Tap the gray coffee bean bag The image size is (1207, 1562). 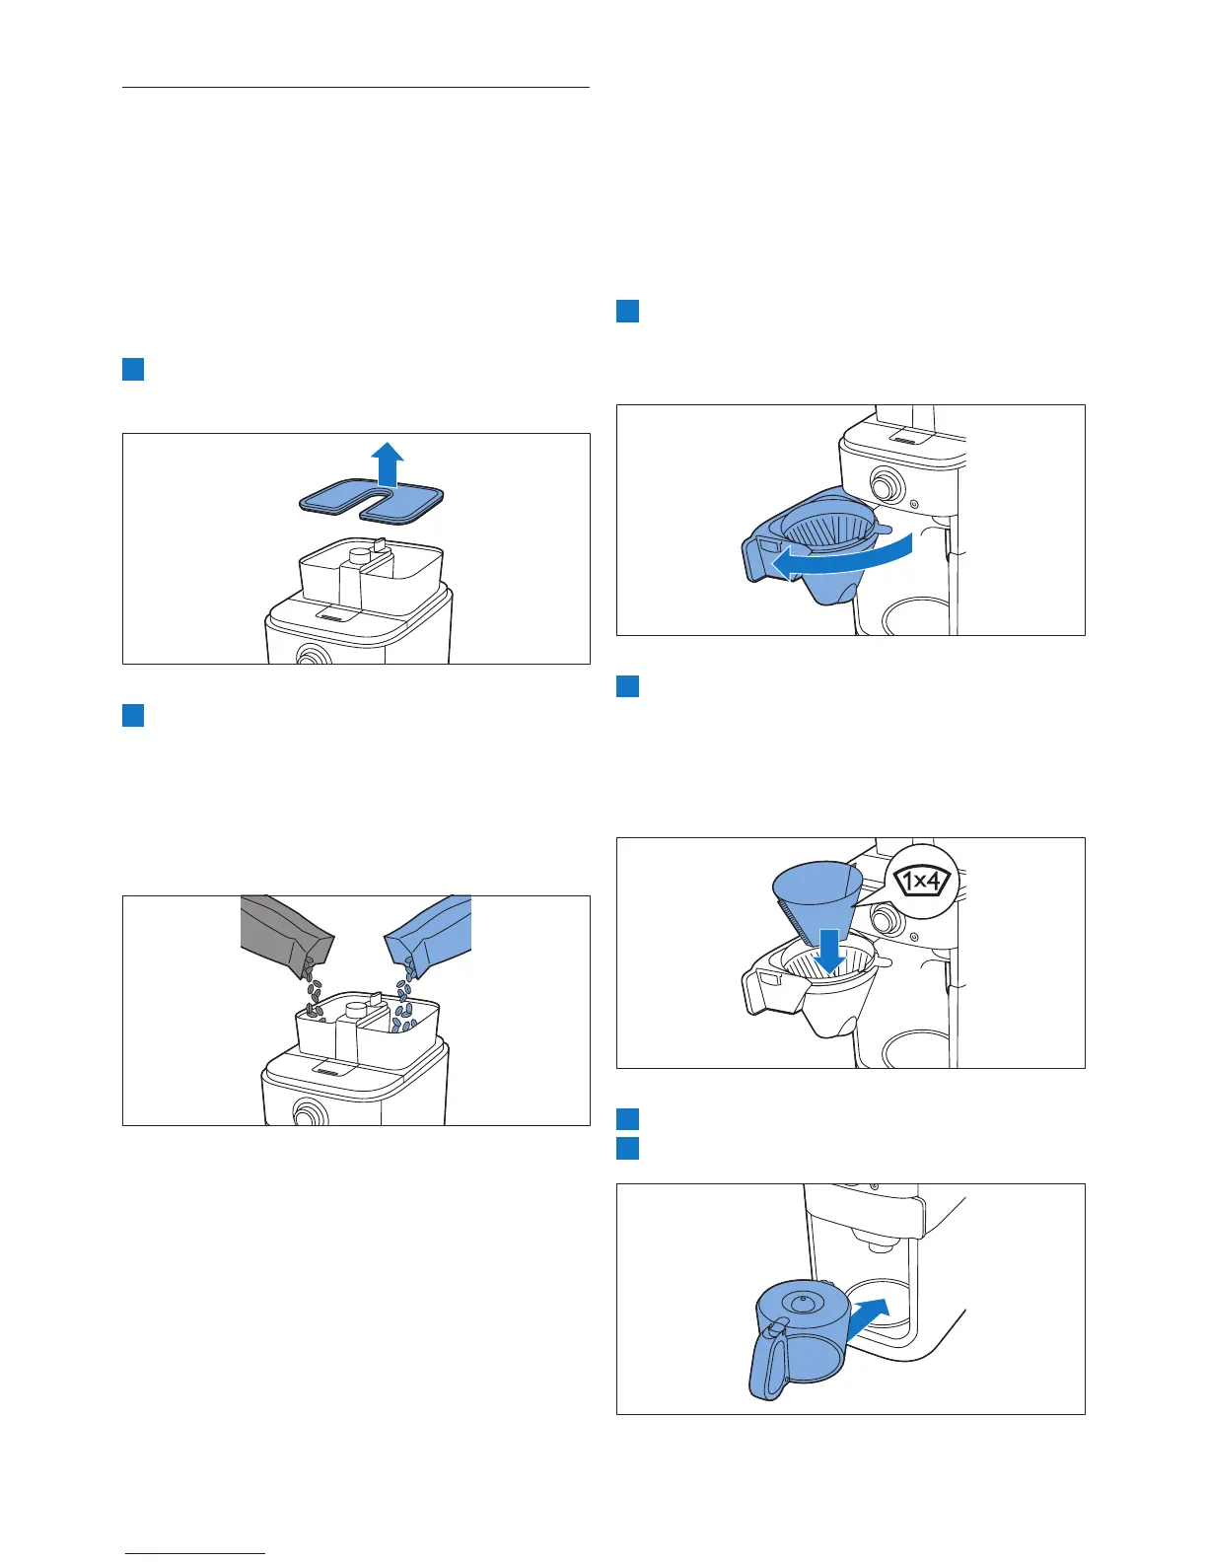point(285,932)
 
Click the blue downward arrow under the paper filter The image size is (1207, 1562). point(829,951)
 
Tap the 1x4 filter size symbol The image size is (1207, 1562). point(921,881)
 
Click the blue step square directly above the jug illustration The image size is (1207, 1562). point(627,1148)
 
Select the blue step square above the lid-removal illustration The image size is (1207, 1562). point(133,369)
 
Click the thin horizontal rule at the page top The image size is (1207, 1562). point(356,87)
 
